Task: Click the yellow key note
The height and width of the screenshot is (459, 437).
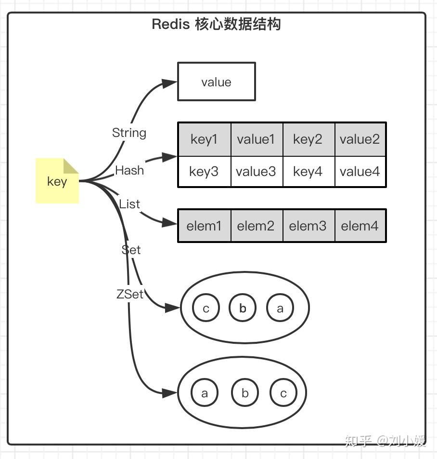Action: (57, 181)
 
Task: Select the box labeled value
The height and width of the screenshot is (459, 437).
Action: (216, 81)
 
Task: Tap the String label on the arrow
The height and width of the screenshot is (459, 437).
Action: (129, 133)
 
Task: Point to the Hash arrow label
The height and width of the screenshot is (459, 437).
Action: (129, 170)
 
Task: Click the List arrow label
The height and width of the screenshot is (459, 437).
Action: (129, 204)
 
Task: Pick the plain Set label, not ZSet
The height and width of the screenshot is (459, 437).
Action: (131, 249)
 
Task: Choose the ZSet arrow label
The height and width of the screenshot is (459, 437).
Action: (130, 294)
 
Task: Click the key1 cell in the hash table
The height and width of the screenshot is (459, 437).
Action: (204, 139)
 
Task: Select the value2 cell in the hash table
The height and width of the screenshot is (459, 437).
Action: (360, 139)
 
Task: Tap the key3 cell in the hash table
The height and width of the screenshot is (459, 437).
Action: (204, 171)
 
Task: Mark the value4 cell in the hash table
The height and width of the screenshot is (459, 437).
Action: (360, 171)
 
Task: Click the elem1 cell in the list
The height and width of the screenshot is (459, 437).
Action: (204, 226)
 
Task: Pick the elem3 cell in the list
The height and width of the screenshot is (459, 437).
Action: (308, 226)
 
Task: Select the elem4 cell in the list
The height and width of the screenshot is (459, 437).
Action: (360, 226)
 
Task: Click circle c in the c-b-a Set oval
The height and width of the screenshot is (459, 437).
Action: (206, 308)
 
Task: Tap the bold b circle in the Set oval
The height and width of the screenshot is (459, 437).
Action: (243, 308)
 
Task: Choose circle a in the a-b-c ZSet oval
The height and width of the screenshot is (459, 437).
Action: (205, 393)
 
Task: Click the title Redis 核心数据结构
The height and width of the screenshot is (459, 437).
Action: (216, 24)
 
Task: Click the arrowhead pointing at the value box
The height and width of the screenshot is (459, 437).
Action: (169, 83)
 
